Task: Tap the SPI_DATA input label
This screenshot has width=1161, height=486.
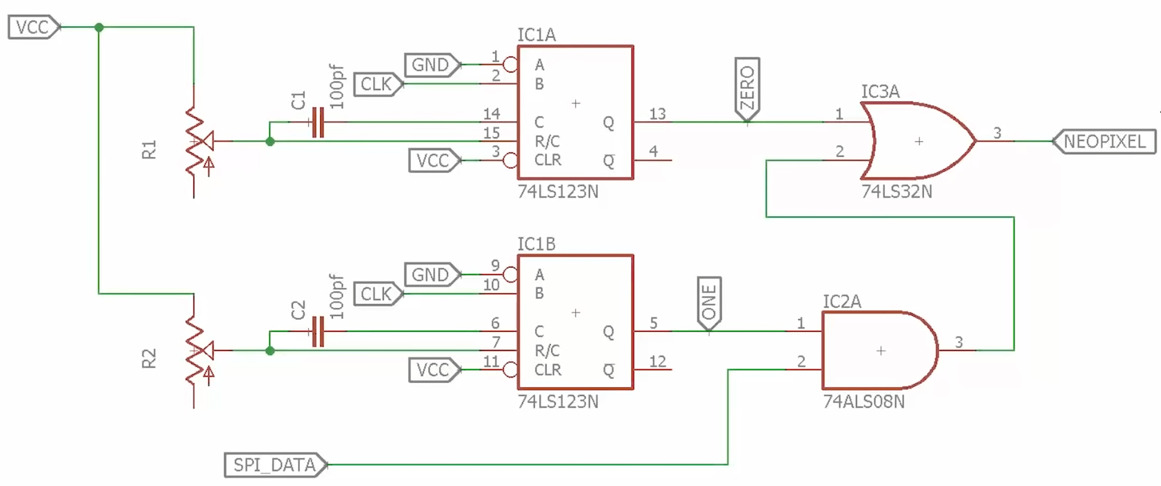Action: pyautogui.click(x=275, y=465)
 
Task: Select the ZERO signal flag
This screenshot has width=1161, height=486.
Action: pyautogui.click(x=747, y=88)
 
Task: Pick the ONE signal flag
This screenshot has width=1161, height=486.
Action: pyautogui.click(x=709, y=303)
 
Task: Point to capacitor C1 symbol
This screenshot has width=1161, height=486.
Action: pyautogui.click(x=318, y=122)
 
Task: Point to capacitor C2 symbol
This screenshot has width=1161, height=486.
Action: pyautogui.click(x=318, y=331)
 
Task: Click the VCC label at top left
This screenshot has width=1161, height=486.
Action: pyautogui.click(x=33, y=27)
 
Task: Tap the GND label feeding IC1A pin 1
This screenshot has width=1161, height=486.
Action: pyautogui.click(x=431, y=65)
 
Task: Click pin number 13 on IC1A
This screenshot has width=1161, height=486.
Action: pyautogui.click(x=657, y=114)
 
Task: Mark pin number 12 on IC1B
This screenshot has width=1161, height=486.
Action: pyautogui.click(x=657, y=361)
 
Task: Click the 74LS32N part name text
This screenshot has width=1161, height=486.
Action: pyautogui.click(x=896, y=192)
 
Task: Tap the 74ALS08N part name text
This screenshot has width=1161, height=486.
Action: pyautogui.click(x=864, y=402)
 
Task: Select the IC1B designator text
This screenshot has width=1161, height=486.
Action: pyautogui.click(x=536, y=244)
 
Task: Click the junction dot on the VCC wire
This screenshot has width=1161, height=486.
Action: pyautogui.click(x=99, y=27)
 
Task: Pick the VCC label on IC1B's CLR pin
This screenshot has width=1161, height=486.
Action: pyautogui.click(x=433, y=370)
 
